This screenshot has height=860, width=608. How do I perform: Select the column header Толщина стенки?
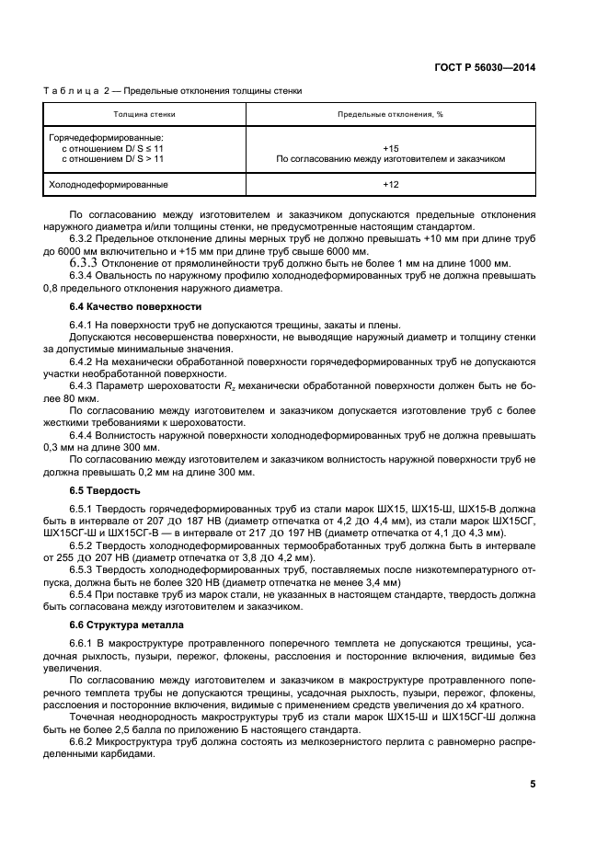pyautogui.click(x=144, y=115)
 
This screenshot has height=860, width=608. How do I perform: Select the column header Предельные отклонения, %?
pyautogui.click(x=390, y=115)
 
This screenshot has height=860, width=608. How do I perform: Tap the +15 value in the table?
pyautogui.click(x=390, y=147)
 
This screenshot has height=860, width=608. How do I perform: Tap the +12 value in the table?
pyautogui.click(x=390, y=184)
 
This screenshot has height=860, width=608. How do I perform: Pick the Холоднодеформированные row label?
pyautogui.click(x=108, y=184)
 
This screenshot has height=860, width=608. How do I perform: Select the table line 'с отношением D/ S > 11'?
pyautogui.click(x=112, y=158)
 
